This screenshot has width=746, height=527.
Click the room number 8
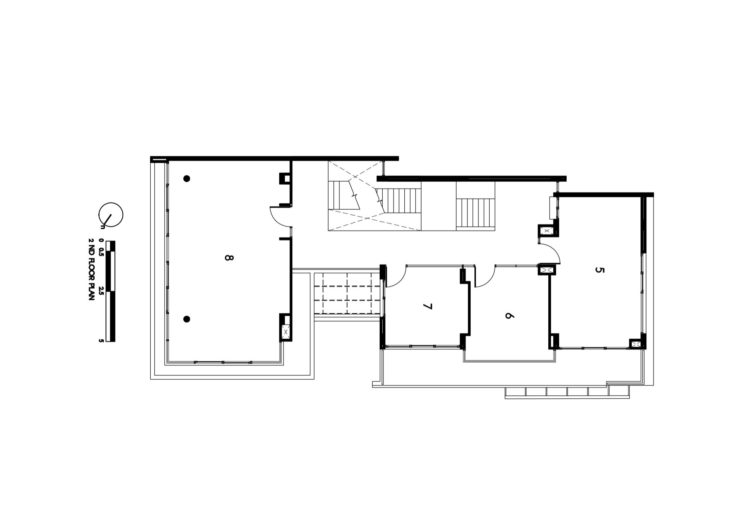click(x=229, y=257)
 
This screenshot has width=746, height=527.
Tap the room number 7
click(x=427, y=307)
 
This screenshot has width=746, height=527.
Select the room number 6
click(x=509, y=316)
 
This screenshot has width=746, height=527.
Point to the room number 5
click(x=599, y=270)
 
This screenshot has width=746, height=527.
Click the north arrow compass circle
click(x=111, y=214)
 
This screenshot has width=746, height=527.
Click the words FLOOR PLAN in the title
click(x=91, y=275)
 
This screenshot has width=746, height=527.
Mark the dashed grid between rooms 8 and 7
click(x=347, y=293)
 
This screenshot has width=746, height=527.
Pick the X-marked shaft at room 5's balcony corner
click(x=635, y=344)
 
